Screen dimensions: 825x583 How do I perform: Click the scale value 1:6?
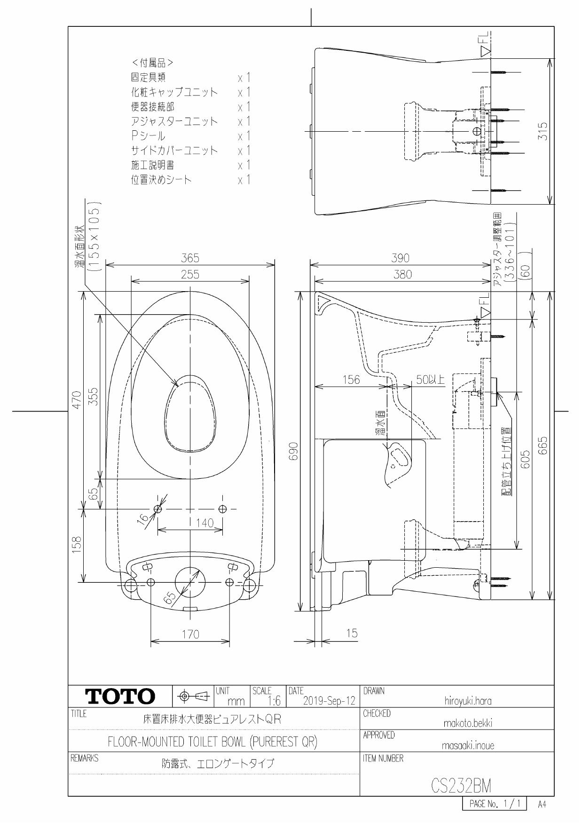point(273,701)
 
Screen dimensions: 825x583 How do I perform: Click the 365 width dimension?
point(190,258)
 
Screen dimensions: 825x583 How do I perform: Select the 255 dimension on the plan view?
point(190,274)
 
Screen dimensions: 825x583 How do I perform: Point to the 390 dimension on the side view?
point(400,258)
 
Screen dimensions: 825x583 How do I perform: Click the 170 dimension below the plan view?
point(190,634)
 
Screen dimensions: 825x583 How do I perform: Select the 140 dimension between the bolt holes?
point(205,523)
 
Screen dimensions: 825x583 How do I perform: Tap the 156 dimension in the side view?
point(351,380)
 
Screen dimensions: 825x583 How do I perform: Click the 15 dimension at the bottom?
point(352,633)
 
